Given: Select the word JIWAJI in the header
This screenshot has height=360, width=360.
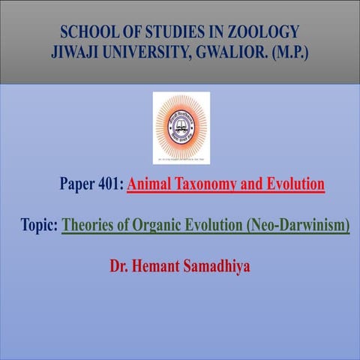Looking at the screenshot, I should point(73,54).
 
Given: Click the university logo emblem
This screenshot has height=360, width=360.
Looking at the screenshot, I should point(181,127).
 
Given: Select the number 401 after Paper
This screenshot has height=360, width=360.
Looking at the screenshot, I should point(109,184).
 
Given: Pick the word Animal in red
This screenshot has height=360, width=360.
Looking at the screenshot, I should point(151,184).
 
